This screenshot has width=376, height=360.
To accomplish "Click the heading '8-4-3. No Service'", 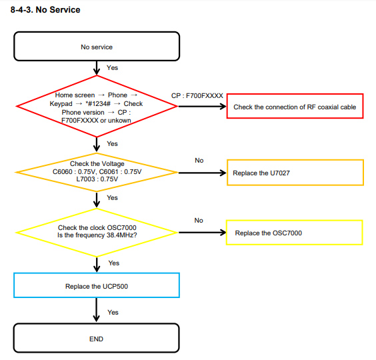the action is (45, 10).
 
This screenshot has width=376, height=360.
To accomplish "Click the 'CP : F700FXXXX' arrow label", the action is (197, 96).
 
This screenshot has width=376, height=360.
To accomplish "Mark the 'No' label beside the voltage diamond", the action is (199, 160).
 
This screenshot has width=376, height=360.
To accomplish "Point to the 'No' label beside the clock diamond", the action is (199, 220).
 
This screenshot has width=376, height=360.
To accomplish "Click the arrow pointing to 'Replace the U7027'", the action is (203, 173).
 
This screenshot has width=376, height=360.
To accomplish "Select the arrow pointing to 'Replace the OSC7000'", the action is (203, 233).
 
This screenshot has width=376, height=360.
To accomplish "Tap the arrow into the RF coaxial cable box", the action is (203, 106).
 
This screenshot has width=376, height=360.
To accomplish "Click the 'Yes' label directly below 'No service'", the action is (112, 67).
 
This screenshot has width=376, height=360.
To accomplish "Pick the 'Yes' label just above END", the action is (113, 312).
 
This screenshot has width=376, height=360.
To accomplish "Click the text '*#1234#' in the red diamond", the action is (98, 104).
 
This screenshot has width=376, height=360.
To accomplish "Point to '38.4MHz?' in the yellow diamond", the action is (122, 235).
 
